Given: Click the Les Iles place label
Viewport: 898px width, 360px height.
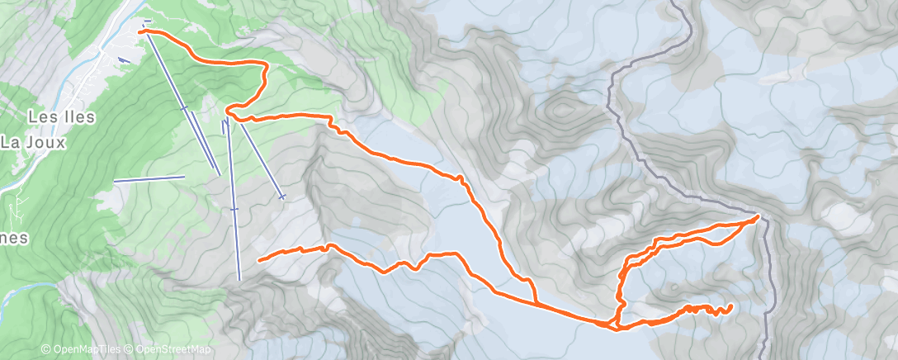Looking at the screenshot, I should pyautogui.click(x=62, y=116).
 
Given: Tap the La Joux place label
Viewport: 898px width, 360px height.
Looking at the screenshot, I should pyautogui.click(x=34, y=142).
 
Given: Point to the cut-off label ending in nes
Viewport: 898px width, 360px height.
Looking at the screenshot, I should pyautogui.click(x=14, y=238).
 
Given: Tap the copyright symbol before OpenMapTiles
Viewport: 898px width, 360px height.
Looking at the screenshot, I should pyautogui.click(x=46, y=349).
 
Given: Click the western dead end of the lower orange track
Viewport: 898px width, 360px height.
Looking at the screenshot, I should pyautogui.click(x=260, y=260).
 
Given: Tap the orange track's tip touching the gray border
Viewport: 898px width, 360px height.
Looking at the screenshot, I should pyautogui.click(x=758, y=216).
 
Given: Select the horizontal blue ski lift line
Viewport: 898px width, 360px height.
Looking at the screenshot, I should pyautogui.click(x=149, y=179).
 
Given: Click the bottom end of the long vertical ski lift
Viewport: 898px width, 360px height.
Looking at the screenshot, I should pyautogui.click(x=239, y=279).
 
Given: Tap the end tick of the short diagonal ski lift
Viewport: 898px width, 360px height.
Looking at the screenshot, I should pyautogui.click(x=283, y=197).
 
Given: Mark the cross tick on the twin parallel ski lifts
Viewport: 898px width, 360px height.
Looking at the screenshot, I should pyautogui.click(x=183, y=107).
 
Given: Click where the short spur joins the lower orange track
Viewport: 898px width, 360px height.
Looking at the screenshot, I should pyautogui.click(x=536, y=303).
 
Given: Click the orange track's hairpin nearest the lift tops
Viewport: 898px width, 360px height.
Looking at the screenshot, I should pyautogui.click(x=228, y=111).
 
